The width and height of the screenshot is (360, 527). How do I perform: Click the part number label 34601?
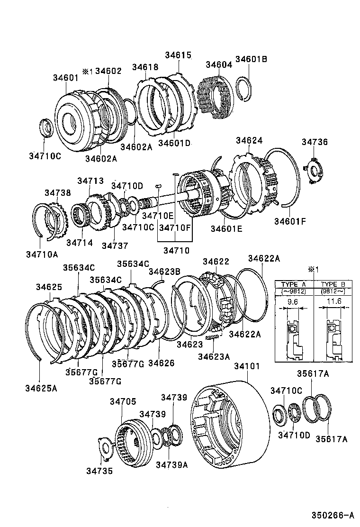point(65,78)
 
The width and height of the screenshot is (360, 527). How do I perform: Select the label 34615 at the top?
point(178,55)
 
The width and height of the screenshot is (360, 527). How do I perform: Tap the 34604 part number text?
point(219,65)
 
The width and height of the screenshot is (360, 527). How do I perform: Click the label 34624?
point(249,141)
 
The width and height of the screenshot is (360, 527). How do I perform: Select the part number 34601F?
point(290,220)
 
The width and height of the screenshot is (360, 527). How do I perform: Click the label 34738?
point(58,193)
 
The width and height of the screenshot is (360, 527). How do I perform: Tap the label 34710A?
point(42,254)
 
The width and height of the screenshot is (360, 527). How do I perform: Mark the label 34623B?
point(164,272)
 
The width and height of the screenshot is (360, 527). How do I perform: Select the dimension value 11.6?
point(333,301)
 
